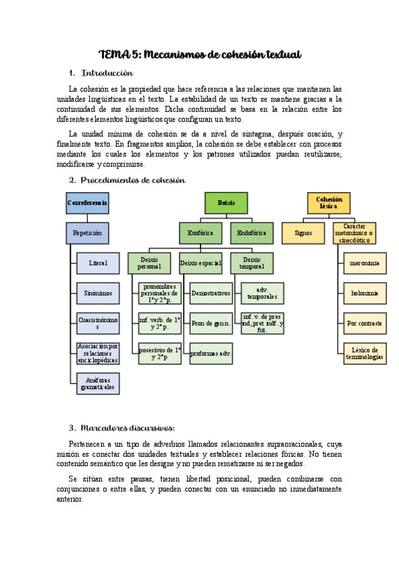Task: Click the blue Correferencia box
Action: pos(87,202)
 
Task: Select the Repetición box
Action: pos(87,233)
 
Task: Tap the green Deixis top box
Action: pos(226,203)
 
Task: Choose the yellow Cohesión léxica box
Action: pos(328,203)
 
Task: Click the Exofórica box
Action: pos(200,233)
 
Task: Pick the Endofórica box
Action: pos(252,233)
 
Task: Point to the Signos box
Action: pos(303,233)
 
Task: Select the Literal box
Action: pos(98,263)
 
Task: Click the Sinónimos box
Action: pos(98,293)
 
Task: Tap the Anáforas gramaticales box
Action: pos(98,383)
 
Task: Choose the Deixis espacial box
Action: pos(200,263)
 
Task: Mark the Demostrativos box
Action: pos(210,293)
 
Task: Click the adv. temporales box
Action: pos(262,293)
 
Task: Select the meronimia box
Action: pos(364,263)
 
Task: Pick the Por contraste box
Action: pos(364,323)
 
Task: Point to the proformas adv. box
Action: pos(210,353)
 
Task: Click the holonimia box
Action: pos(364,293)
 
